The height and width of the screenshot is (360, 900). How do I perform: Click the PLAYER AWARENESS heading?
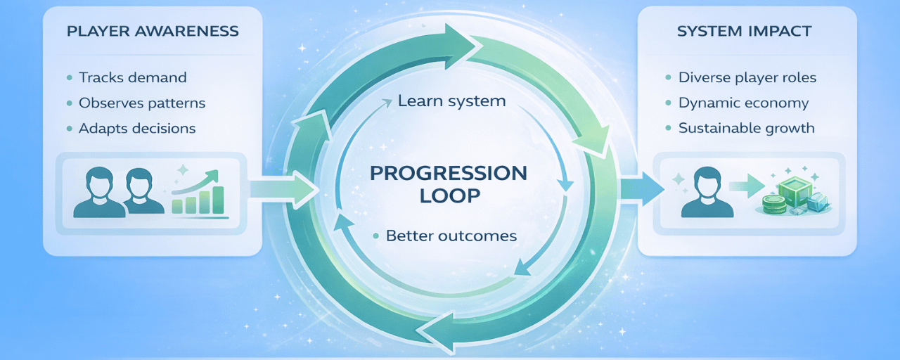pyautogui.click(x=153, y=32)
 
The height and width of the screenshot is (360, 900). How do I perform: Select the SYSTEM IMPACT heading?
pyautogui.click(x=744, y=32)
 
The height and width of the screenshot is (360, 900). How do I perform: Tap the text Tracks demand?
pyautogui.click(x=133, y=77)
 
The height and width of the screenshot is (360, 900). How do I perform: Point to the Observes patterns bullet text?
pyautogui.click(x=142, y=103)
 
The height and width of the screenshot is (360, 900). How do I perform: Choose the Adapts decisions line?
pyautogui.click(x=137, y=128)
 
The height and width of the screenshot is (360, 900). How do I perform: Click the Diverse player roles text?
pyautogui.click(x=747, y=77)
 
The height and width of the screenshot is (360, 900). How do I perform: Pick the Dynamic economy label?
pyautogui.click(x=743, y=103)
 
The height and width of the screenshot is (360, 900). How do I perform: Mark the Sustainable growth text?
pyautogui.click(x=746, y=128)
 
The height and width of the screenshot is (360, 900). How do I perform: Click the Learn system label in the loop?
pyautogui.click(x=451, y=101)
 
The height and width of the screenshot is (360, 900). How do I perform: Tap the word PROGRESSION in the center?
pyautogui.click(x=449, y=172)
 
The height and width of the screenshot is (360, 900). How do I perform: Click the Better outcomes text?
pyautogui.click(x=451, y=236)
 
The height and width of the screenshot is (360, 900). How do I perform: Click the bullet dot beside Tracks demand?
pyautogui.click(x=69, y=77)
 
